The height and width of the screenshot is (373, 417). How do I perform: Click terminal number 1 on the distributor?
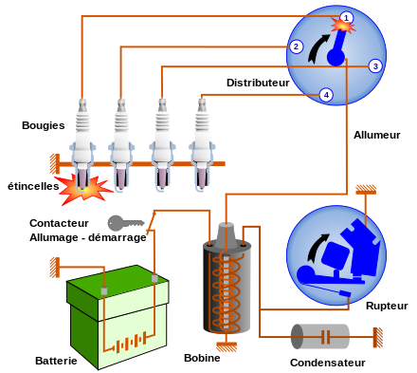tap(346, 18)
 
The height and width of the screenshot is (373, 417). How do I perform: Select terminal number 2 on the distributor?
tap(296, 47)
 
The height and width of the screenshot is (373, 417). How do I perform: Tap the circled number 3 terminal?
tap(375, 66)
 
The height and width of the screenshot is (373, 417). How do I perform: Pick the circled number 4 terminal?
tap(326, 95)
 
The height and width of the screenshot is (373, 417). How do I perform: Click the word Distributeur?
tap(258, 83)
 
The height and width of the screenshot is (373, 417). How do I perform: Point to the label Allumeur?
tap(376, 135)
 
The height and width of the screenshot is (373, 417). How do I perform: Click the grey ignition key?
tap(126, 223)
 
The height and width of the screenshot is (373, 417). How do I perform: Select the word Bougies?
tap(44, 125)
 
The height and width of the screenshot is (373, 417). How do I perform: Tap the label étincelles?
tap(33, 186)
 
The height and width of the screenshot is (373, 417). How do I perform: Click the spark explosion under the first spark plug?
tap(84, 190)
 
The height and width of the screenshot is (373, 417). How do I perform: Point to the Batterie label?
tap(56, 361)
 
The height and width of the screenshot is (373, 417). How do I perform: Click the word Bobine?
tap(202, 358)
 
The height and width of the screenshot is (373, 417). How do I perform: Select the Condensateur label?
tap(328, 363)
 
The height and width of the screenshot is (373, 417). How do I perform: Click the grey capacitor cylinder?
tap(320, 336)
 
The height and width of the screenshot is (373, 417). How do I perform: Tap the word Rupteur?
tap(387, 306)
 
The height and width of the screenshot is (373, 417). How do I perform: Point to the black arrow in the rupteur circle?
tap(317, 248)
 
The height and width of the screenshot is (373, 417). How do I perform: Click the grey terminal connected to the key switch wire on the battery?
tap(154, 278)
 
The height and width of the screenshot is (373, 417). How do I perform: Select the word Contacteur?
tap(59, 223)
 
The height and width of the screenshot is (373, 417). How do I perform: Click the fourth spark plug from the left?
tap(202, 145)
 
